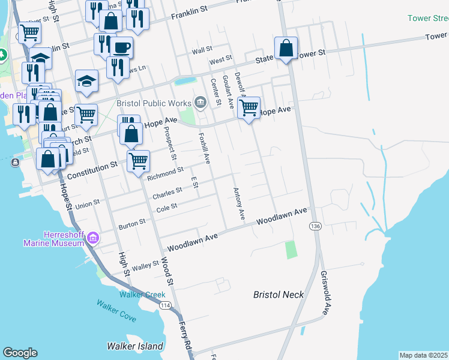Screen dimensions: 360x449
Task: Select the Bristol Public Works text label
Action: (x=154, y=103)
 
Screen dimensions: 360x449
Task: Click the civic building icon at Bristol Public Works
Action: (x=200, y=101)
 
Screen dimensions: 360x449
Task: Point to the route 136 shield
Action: (x=315, y=226)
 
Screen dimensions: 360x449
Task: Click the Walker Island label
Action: (x=135, y=346)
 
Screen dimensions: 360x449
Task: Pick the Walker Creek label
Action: (x=142, y=295)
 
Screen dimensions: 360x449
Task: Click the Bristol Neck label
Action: (x=279, y=295)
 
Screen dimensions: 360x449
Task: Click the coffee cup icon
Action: (x=122, y=47)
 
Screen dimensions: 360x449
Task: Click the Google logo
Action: (x=20, y=352)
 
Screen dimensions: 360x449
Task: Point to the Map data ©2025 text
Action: (x=423, y=355)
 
